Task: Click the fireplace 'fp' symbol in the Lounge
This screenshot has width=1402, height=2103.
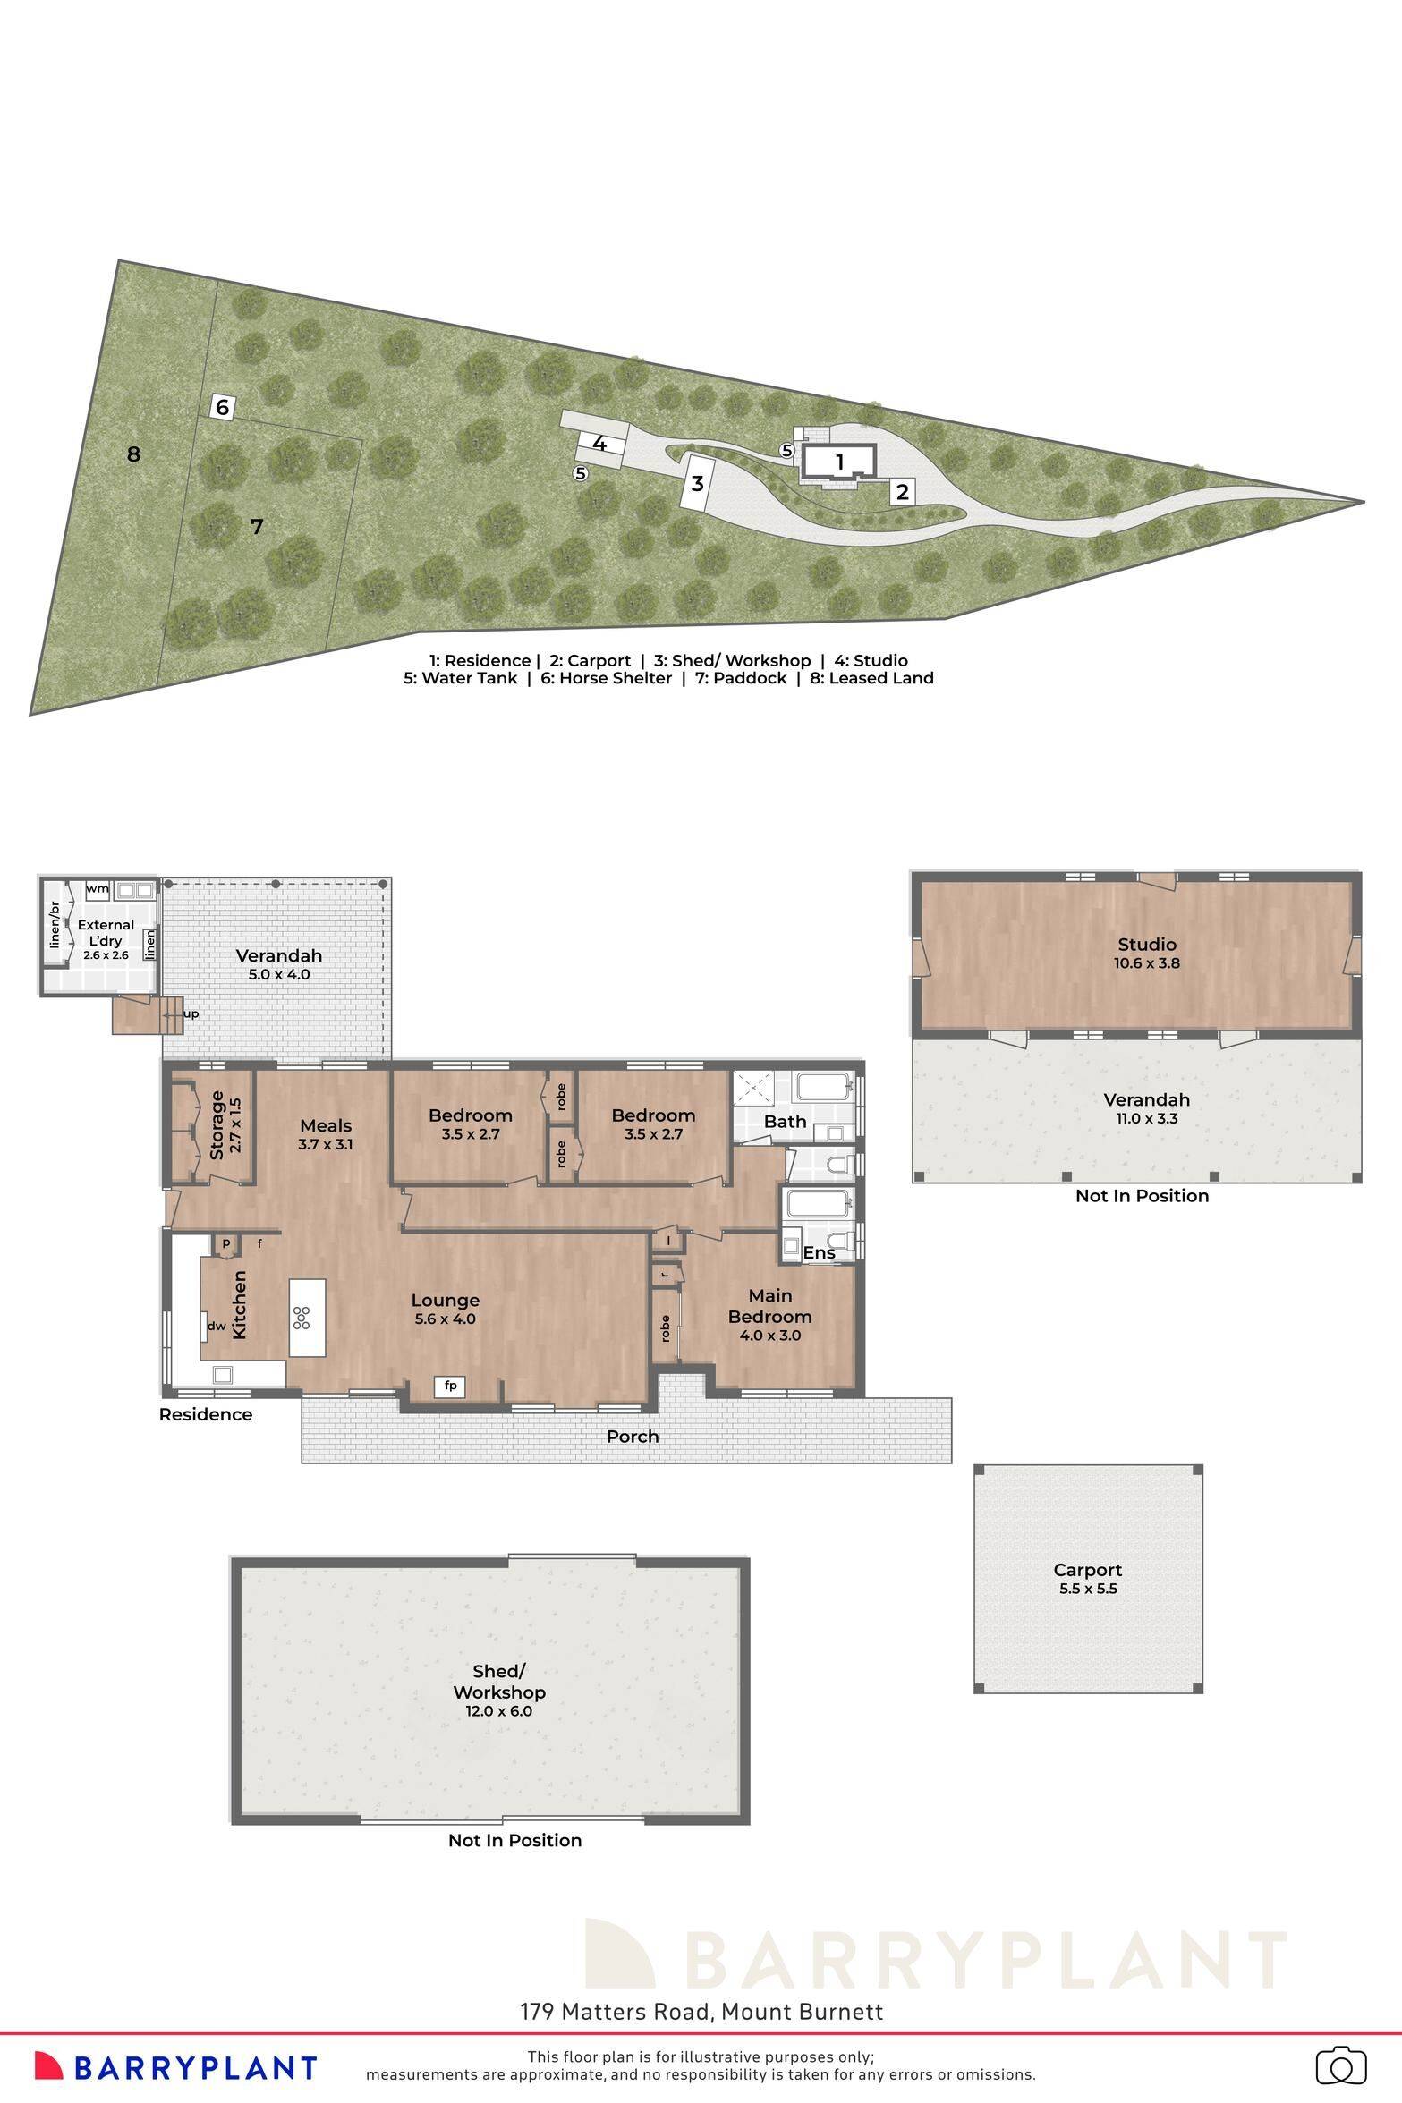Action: point(450,1386)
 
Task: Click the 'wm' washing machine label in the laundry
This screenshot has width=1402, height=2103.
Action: point(98,889)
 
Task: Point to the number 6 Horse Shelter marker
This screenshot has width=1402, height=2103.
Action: point(223,408)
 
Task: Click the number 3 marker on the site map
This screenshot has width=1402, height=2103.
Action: point(697,484)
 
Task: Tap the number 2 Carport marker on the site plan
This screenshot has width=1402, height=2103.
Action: point(902,491)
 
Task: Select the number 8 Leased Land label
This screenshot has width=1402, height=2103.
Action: point(133,454)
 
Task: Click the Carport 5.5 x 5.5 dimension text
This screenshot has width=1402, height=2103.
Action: point(1087,1589)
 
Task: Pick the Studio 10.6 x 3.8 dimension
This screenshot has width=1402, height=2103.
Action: point(1146,963)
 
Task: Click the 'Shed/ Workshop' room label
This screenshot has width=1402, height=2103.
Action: point(498,1682)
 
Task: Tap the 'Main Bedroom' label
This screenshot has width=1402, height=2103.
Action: point(769,1306)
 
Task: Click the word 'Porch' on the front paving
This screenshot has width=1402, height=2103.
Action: point(632,1436)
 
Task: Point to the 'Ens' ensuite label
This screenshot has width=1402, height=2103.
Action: point(819,1253)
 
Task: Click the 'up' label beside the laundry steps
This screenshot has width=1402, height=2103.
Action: point(191,1014)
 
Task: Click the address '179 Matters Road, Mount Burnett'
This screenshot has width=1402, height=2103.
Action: point(701,2012)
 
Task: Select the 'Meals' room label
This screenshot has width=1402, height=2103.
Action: point(326,1125)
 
